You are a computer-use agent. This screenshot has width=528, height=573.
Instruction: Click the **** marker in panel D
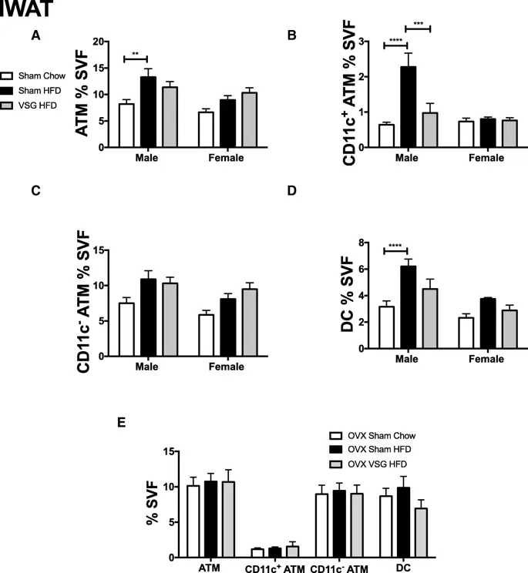coord(395,246)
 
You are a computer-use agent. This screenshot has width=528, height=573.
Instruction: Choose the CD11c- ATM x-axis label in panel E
coord(339,568)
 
